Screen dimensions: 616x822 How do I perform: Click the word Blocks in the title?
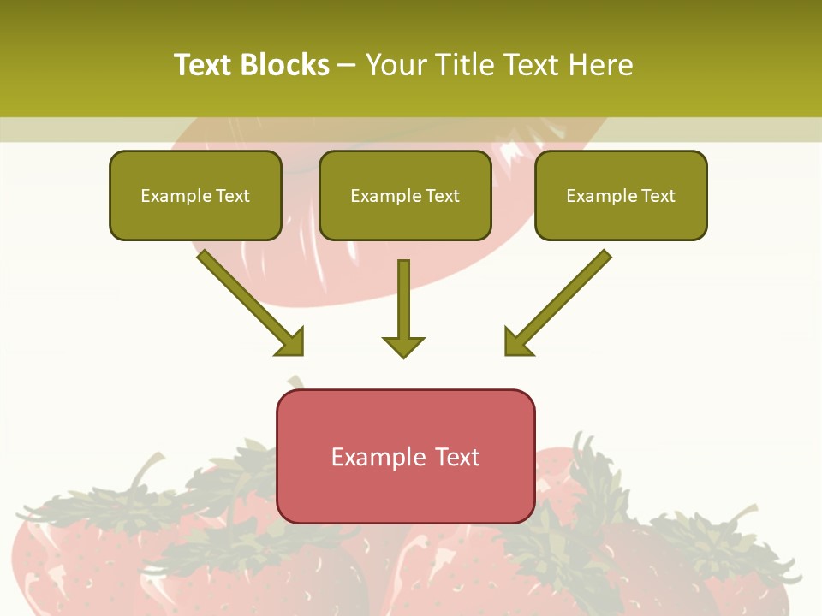(283, 65)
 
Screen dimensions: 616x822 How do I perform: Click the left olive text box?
(195, 195)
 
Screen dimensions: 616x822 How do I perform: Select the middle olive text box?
(405, 195)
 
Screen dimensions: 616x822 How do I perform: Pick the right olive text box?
(621, 195)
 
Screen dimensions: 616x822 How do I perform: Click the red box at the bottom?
(405, 456)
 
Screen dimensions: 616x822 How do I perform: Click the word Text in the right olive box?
(658, 196)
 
